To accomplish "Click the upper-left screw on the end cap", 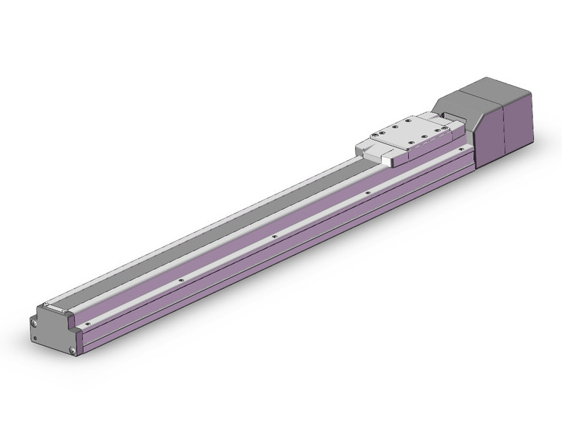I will click(35, 321).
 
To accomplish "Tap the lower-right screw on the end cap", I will click(72, 350).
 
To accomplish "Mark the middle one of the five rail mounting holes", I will click(274, 237).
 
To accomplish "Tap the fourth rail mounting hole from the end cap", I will click(368, 194).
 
